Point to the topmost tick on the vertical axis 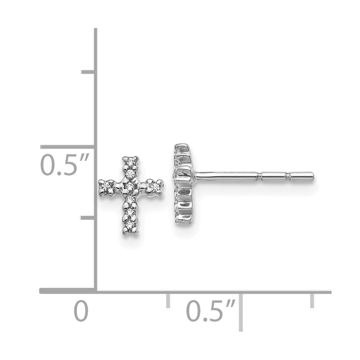[x=88, y=73]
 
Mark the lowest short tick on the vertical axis [x=88, y=218]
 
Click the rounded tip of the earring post [x=312, y=176]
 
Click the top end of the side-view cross [x=182, y=147]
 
